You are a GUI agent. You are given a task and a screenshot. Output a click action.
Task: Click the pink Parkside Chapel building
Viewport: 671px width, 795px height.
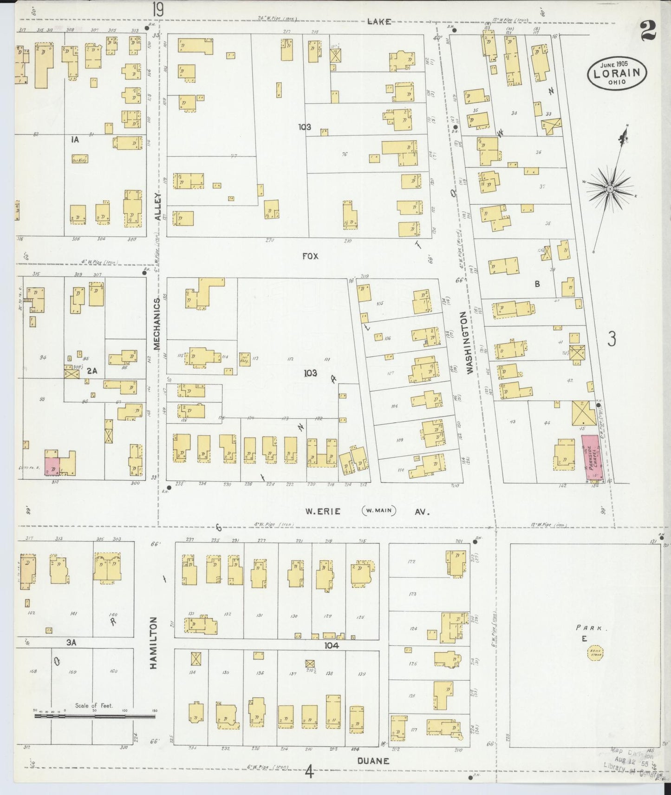(593, 457)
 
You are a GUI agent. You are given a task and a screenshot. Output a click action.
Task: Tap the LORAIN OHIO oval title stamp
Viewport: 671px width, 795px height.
(617, 74)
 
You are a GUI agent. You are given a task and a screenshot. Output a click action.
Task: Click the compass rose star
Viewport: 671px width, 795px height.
(610, 189)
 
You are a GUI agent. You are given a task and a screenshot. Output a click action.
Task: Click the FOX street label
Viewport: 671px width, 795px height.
(310, 256)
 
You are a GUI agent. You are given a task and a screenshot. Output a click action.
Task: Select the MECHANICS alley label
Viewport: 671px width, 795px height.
(156, 324)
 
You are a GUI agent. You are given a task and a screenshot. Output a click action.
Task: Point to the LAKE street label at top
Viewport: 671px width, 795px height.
(379, 21)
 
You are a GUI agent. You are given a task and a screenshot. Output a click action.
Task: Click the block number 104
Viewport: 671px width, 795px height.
(332, 646)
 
